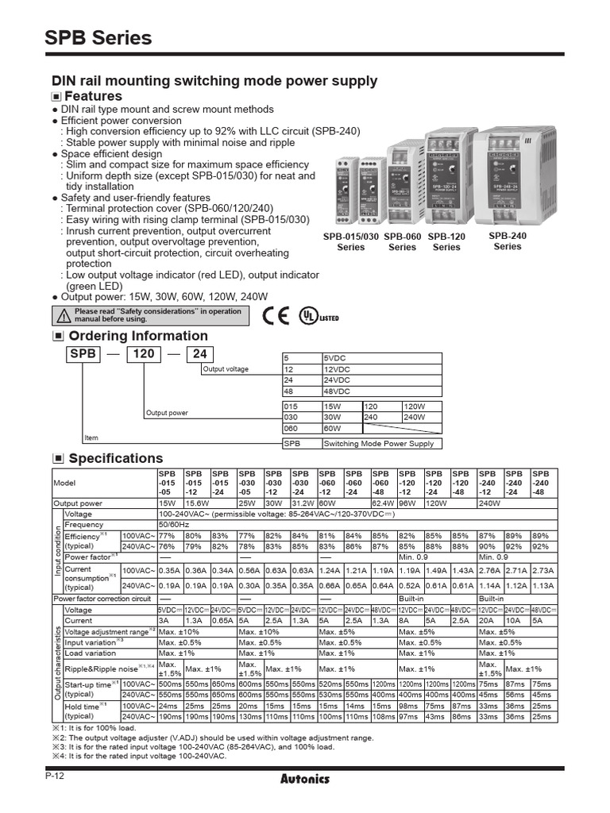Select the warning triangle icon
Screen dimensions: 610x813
[64, 316]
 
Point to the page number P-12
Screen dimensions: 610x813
[55, 776]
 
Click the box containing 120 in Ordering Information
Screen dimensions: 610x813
[144, 355]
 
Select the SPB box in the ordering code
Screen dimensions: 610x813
[83, 355]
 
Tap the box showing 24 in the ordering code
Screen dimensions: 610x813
[200, 355]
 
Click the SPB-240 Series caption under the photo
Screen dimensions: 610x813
[508, 241]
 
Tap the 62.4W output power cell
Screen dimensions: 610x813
[382, 503]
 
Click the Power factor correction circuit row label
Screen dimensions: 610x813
[102, 598]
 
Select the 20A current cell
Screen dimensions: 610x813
[488, 620]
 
